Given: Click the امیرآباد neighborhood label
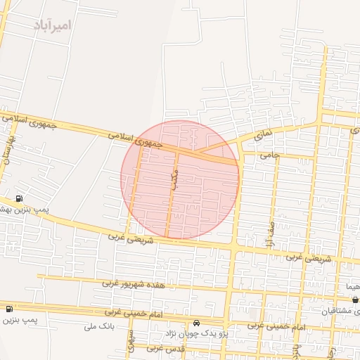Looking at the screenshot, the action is tap(52, 25).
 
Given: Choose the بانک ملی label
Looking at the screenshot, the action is tap(98, 326).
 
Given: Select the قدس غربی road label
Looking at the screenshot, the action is tap(166, 348).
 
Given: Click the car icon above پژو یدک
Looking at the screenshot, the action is tap(195, 323).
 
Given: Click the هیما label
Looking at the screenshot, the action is tap(351, 287).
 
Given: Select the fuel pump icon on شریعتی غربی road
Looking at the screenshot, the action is tap(18, 199).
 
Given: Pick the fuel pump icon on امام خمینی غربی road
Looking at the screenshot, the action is tap(9, 309).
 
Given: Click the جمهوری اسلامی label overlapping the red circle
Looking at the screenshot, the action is tap(135, 139).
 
